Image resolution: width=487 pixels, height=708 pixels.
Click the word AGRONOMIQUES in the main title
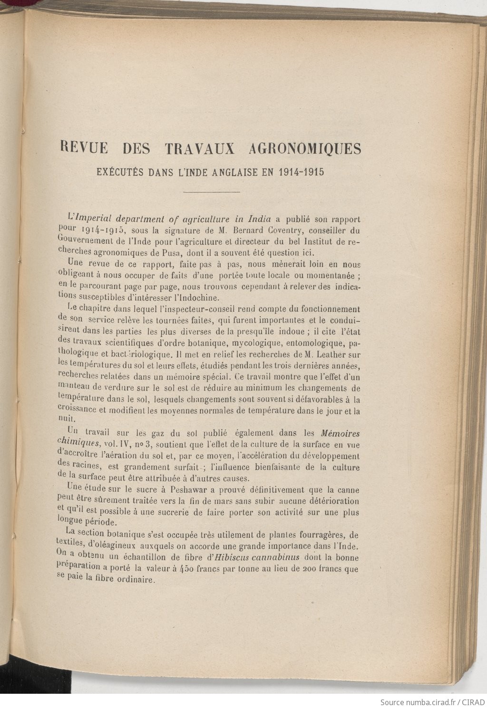click(x=305, y=149)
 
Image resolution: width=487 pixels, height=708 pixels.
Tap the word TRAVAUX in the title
click(x=200, y=149)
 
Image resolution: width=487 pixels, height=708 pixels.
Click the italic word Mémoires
click(x=340, y=433)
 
